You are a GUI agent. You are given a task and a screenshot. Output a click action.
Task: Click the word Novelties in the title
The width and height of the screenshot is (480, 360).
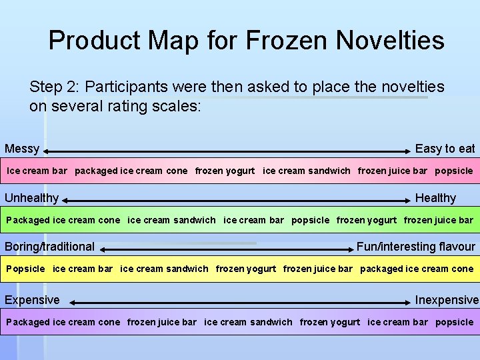(x=390, y=41)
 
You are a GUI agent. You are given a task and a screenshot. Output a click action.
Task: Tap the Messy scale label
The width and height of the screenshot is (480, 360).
(x=22, y=149)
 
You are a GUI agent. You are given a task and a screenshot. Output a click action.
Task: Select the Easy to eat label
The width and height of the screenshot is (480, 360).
(x=445, y=149)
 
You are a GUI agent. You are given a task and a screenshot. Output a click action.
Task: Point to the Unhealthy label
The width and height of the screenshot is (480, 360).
(x=31, y=198)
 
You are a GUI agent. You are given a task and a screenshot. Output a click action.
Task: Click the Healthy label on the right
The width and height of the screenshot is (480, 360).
(x=435, y=198)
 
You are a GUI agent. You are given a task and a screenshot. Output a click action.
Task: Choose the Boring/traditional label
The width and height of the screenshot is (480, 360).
(x=49, y=247)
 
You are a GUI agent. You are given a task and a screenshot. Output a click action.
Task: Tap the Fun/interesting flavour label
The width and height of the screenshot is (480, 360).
(x=416, y=247)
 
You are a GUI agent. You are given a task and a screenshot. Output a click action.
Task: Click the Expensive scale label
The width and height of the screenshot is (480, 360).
(x=32, y=300)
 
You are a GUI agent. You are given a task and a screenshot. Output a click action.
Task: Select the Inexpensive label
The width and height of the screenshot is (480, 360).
(x=447, y=300)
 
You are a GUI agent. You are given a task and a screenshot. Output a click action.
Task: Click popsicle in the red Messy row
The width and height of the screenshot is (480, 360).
(x=454, y=171)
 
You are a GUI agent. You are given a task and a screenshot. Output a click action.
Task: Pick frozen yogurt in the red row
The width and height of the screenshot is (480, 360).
(x=225, y=171)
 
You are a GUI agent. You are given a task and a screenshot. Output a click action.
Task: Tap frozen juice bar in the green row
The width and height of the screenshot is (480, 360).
(x=439, y=220)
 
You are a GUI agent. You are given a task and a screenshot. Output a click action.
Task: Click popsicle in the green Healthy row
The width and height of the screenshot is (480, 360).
(x=310, y=220)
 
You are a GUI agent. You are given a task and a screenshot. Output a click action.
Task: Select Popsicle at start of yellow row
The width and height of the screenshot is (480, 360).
(x=25, y=269)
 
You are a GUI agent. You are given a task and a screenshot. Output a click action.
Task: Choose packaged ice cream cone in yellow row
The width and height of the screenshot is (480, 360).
(x=417, y=269)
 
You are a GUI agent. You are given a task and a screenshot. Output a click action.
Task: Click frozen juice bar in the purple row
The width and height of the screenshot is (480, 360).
(x=162, y=322)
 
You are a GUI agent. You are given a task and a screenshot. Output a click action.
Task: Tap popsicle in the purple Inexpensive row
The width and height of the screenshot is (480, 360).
(x=454, y=322)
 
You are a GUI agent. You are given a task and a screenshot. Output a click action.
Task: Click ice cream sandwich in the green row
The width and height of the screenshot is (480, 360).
(x=171, y=220)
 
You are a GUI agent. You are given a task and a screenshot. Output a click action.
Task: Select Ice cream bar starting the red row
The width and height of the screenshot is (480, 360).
(x=37, y=171)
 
